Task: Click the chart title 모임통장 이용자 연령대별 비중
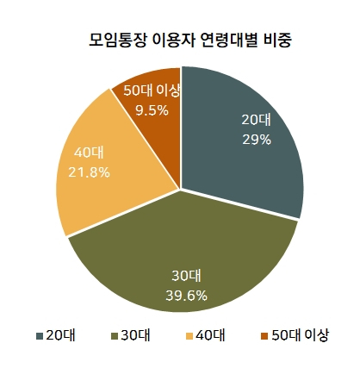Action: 190,41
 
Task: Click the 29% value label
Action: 257,140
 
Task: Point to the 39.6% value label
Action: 186,296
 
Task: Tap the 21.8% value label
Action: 89,172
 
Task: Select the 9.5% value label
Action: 152,110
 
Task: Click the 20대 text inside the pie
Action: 256,120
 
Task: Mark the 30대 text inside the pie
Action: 186,276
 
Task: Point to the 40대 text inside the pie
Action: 89,153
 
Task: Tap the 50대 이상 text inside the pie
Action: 152,91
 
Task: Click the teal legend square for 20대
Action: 40,336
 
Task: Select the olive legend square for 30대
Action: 115,336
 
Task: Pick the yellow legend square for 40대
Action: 189,336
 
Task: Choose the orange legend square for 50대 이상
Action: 264,336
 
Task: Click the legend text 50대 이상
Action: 300,335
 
